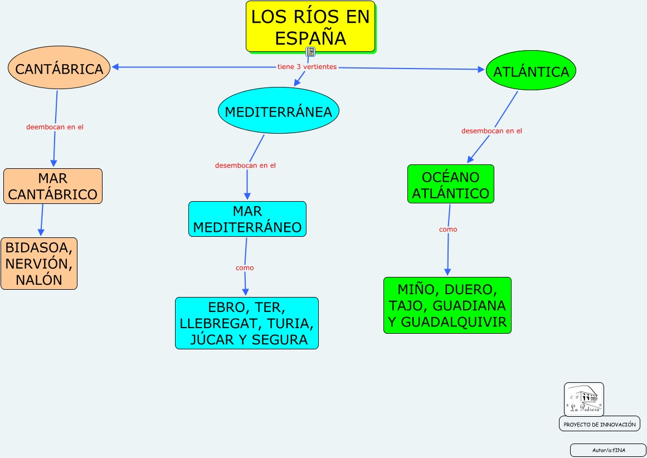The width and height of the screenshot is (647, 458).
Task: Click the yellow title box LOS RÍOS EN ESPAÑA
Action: point(310,26)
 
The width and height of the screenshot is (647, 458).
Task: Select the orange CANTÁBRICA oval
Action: point(59,68)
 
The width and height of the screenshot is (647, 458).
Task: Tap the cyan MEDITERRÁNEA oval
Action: point(278,111)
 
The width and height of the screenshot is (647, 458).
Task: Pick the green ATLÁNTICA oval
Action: point(531,71)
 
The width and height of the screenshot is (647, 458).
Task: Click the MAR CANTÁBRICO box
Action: point(53,186)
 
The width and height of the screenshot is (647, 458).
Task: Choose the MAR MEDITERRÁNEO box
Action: point(247,219)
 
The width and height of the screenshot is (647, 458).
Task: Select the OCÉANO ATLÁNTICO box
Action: point(450,184)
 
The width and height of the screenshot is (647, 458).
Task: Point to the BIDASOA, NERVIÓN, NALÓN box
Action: point(39,264)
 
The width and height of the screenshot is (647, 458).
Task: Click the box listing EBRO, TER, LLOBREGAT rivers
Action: point(246,323)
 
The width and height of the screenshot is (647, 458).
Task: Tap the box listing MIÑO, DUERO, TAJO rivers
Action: point(447,305)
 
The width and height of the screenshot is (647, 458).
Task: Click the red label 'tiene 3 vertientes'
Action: point(307,67)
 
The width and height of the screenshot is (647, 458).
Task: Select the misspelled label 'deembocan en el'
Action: point(55,127)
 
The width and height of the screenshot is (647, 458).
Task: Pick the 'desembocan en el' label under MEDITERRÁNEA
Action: point(245,165)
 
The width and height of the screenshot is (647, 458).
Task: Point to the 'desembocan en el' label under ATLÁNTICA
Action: point(492,131)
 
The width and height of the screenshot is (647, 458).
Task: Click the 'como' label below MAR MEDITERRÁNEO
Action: point(245,268)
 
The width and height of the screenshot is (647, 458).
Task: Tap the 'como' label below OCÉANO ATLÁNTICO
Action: point(448,230)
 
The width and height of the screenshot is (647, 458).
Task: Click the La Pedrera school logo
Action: point(583,399)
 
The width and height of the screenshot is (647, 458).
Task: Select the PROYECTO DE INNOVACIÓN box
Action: point(599,424)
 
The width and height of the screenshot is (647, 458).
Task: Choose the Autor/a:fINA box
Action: point(607,450)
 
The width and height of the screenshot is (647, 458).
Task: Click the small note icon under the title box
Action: point(311,52)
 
